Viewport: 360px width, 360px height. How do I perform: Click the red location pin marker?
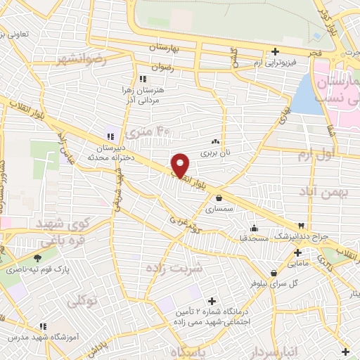[x=181, y=165]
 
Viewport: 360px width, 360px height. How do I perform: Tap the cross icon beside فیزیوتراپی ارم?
[x=275, y=51]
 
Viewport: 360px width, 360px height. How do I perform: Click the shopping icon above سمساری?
[x=220, y=198]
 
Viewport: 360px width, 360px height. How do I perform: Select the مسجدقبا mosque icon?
[x=254, y=228]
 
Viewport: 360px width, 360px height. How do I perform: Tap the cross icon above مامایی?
[x=298, y=252]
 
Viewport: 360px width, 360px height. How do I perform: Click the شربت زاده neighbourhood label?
[x=174, y=268]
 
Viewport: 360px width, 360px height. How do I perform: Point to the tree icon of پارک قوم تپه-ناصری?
[x=37, y=259]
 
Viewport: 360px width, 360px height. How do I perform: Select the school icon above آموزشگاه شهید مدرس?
[x=43, y=326]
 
